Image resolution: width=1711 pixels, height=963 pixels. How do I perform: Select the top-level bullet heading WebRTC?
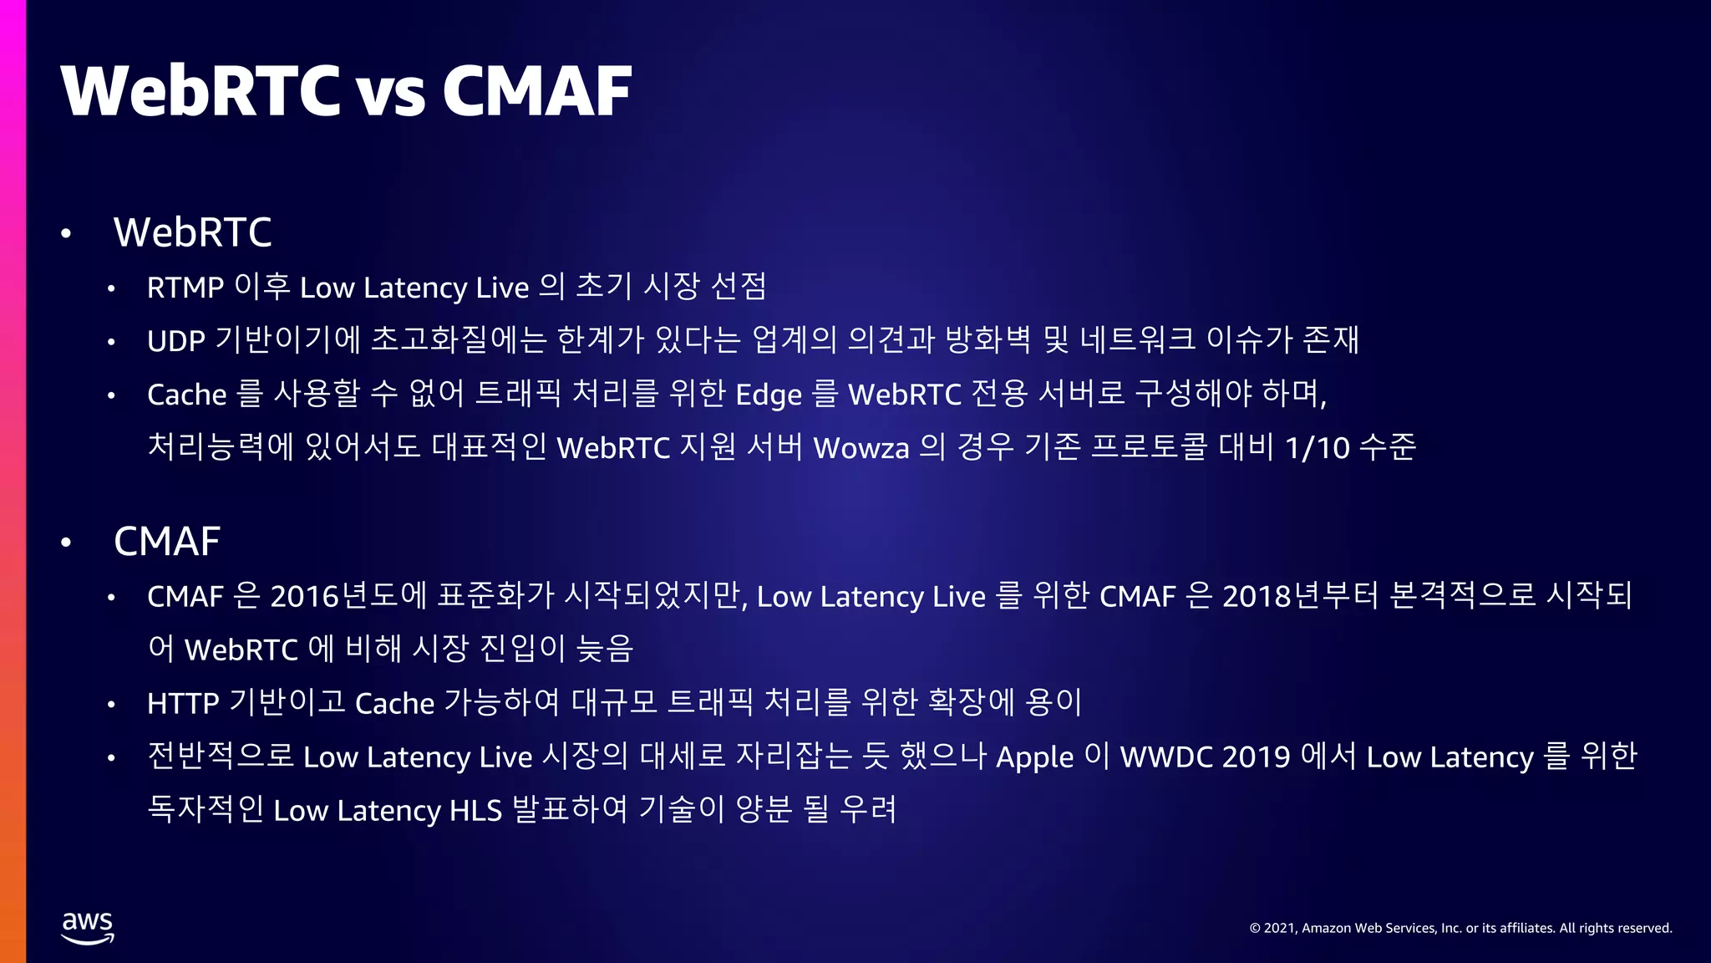(193, 232)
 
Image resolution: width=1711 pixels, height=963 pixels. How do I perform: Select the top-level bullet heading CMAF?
(167, 542)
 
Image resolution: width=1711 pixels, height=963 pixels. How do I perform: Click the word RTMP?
(185, 288)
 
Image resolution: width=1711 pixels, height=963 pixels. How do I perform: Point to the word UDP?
(176, 341)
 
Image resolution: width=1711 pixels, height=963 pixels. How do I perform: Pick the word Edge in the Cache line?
(769, 395)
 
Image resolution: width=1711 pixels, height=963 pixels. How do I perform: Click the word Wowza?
(861, 448)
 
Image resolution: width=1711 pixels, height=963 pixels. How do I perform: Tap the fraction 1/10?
(1318, 448)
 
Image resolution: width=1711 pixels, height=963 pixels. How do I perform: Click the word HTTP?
(183, 704)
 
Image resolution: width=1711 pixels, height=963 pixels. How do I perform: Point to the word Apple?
(1034, 757)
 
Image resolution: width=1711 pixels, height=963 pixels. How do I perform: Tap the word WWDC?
(1166, 757)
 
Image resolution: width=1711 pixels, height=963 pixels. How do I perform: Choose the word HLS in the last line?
(475, 811)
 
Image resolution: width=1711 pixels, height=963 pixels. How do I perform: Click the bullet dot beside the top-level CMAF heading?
(67, 543)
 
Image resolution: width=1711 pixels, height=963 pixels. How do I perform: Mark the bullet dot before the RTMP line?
(111, 289)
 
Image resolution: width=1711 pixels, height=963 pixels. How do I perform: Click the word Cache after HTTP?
(394, 704)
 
